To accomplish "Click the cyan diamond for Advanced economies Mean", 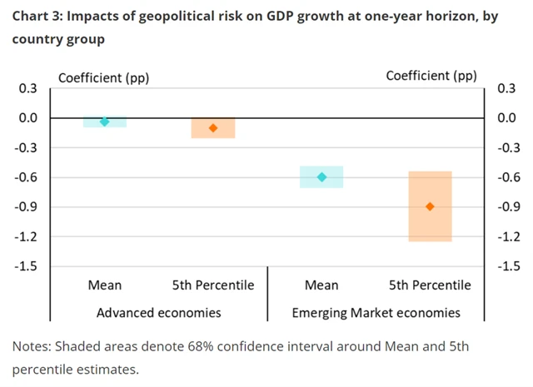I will (105, 122).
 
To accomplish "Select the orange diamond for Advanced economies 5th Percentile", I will (213, 127).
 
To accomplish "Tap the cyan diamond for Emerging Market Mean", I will (321, 176).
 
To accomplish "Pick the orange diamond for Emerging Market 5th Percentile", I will (430, 206).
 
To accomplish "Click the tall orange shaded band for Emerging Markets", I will (430, 229).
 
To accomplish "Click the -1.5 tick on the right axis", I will (509, 266).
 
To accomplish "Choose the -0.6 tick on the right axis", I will (509, 177).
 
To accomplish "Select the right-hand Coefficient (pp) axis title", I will (431, 76).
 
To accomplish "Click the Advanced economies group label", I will (158, 313).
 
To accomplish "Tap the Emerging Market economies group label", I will (376, 313).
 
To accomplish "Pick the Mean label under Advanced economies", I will (105, 285).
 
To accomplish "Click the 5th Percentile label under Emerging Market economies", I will (430, 285).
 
